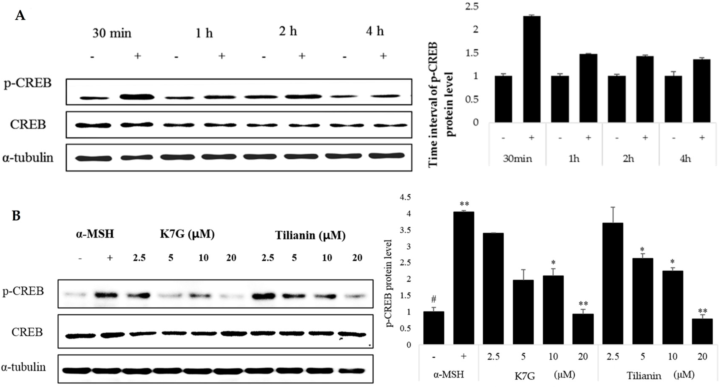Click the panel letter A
[20, 16]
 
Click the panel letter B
[16, 216]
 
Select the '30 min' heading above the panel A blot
[112, 33]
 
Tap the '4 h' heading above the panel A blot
[375, 31]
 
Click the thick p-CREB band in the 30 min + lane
[137, 97]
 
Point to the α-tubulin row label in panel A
[28, 157]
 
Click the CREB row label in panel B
[27, 332]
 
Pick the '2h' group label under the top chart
[628, 159]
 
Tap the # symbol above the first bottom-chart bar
[434, 300]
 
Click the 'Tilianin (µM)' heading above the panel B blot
[310, 235]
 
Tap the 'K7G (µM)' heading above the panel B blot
[187, 234]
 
